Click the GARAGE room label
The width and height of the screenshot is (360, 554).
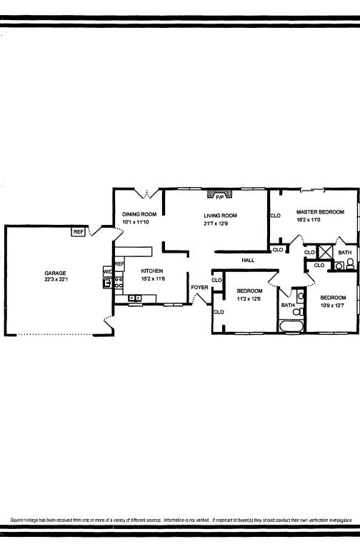click(55, 273)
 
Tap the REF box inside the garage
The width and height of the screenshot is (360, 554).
click(79, 231)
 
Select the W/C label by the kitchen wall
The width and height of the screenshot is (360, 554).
click(108, 271)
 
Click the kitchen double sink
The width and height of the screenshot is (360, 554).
click(134, 297)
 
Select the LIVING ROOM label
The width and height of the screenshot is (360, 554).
click(221, 216)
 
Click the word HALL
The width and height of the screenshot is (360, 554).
click(248, 261)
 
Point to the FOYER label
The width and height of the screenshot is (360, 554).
click(199, 288)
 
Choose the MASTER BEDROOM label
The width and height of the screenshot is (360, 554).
click(320, 212)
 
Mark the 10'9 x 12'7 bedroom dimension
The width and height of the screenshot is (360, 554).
click(332, 306)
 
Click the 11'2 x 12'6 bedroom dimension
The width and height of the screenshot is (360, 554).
click(249, 299)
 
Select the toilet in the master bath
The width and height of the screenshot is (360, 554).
click(351, 263)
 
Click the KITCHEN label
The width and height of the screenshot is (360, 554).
click(153, 271)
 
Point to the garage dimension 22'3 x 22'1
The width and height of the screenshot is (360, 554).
click(55, 280)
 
